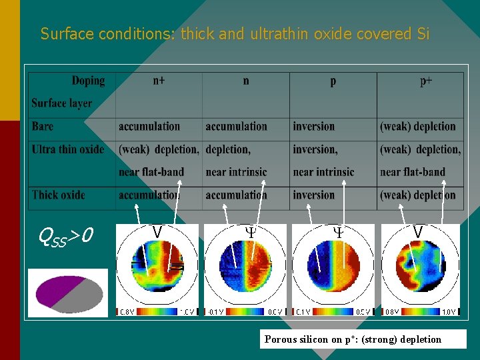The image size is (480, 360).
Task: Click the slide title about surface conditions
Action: (235, 33)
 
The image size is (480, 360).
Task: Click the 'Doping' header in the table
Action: (88, 81)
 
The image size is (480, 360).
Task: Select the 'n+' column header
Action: (159, 81)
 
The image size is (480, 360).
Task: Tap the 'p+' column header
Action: (427, 81)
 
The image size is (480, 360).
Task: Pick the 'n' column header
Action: (246, 81)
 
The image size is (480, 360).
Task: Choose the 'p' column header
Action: (333, 81)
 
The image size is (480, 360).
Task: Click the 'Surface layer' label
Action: (61, 103)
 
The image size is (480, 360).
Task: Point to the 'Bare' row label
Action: (43, 126)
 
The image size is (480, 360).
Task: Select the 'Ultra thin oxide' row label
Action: (68, 149)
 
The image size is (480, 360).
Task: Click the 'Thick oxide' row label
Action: (59, 195)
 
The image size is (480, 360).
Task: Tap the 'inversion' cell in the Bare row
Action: (313, 126)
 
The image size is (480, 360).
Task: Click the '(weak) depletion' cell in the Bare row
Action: (418, 126)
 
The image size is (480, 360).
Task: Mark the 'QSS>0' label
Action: (65, 235)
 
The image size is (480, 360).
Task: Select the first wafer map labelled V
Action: (157, 267)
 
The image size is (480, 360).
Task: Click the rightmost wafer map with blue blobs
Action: (417, 267)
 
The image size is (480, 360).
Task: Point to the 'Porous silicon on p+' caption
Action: (353, 339)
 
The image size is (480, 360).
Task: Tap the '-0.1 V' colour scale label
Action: (215, 312)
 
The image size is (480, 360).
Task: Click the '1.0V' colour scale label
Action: (449, 312)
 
